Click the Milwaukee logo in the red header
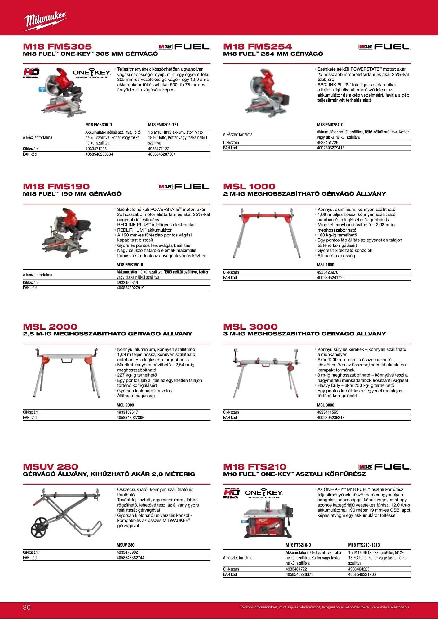pos(45,21)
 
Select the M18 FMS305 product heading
pos(57,47)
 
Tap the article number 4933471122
pos(159,149)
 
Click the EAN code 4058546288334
pos(99,154)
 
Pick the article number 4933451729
pos(328,143)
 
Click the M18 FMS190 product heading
pos(56,187)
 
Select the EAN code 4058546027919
pos(131,288)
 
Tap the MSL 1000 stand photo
pos(267,232)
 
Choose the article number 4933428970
pos(328,272)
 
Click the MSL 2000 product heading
pos(50,327)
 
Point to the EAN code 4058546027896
pos(131,418)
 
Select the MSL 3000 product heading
pos(250,327)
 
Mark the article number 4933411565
pos(328,412)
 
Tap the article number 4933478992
pos(127,552)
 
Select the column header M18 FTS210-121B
pos(364,545)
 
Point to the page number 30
pos(27,607)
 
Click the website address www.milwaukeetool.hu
pos(390,607)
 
